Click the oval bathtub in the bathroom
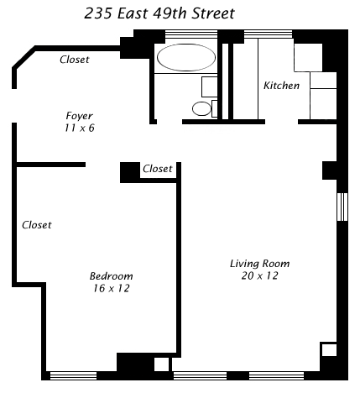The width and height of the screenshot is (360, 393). tap(186, 58)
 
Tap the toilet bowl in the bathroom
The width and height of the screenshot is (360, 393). tap(201, 108)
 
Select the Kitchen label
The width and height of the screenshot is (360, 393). tap(281, 86)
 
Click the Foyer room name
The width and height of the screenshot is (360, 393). tap(79, 116)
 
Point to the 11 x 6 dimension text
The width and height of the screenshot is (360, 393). tap(80, 128)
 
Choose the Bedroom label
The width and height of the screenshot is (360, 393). tap(111, 276)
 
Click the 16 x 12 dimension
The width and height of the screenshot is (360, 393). tap(112, 288)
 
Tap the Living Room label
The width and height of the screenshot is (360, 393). tap(259, 264)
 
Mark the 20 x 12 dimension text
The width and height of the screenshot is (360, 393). tap(259, 275)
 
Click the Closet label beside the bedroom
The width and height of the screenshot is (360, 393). tap(37, 225)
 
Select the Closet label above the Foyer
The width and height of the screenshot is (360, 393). tap(75, 60)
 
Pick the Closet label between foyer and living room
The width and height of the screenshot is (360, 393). tap(158, 169)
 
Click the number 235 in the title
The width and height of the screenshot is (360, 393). tap(97, 13)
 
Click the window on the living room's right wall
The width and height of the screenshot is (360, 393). tap(342, 207)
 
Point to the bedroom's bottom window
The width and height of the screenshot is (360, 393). tap(73, 375)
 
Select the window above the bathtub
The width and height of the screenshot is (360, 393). tap(191, 34)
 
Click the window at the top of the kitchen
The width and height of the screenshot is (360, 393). tap(269, 34)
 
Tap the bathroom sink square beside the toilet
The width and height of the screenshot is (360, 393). tap(209, 86)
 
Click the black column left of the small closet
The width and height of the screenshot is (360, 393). tap(130, 172)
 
